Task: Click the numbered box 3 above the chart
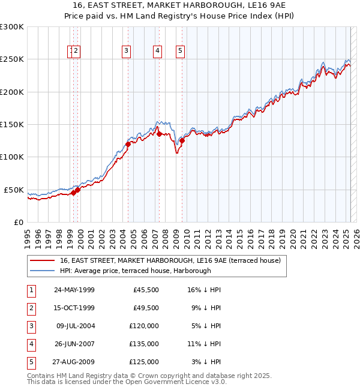(127, 52)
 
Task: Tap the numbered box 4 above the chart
(157, 52)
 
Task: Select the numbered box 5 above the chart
(180, 52)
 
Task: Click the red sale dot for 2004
(128, 144)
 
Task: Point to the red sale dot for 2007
(159, 134)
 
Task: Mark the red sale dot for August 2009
(182, 140)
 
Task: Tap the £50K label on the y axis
(14, 190)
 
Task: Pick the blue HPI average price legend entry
(135, 271)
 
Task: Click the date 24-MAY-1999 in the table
(74, 290)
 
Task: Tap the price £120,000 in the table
(146, 326)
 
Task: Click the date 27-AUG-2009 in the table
(74, 362)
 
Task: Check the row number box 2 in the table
(30, 308)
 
